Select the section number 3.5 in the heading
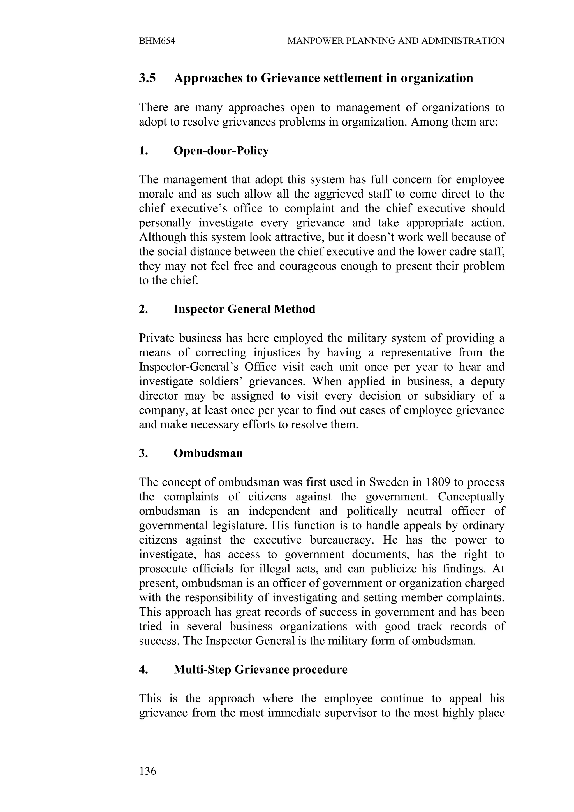tap(147, 78)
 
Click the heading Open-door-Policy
tap(221, 151)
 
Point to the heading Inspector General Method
tap(244, 309)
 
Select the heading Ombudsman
tap(208, 453)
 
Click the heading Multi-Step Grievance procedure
tap(260, 669)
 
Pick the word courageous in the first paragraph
tap(308, 266)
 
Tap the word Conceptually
tap(471, 497)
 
